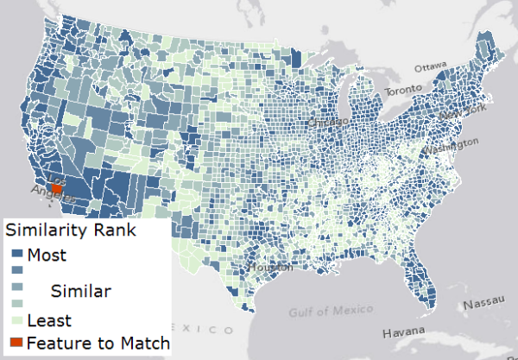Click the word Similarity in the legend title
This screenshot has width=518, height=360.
coord(45,231)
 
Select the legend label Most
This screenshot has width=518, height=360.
coord(47,255)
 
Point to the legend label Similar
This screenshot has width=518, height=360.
coord(80,291)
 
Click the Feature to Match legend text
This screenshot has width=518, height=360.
coord(97,343)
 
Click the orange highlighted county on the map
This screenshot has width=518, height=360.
coord(57,187)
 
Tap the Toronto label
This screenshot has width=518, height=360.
coord(404,90)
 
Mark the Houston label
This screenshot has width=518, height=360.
coord(263,268)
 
